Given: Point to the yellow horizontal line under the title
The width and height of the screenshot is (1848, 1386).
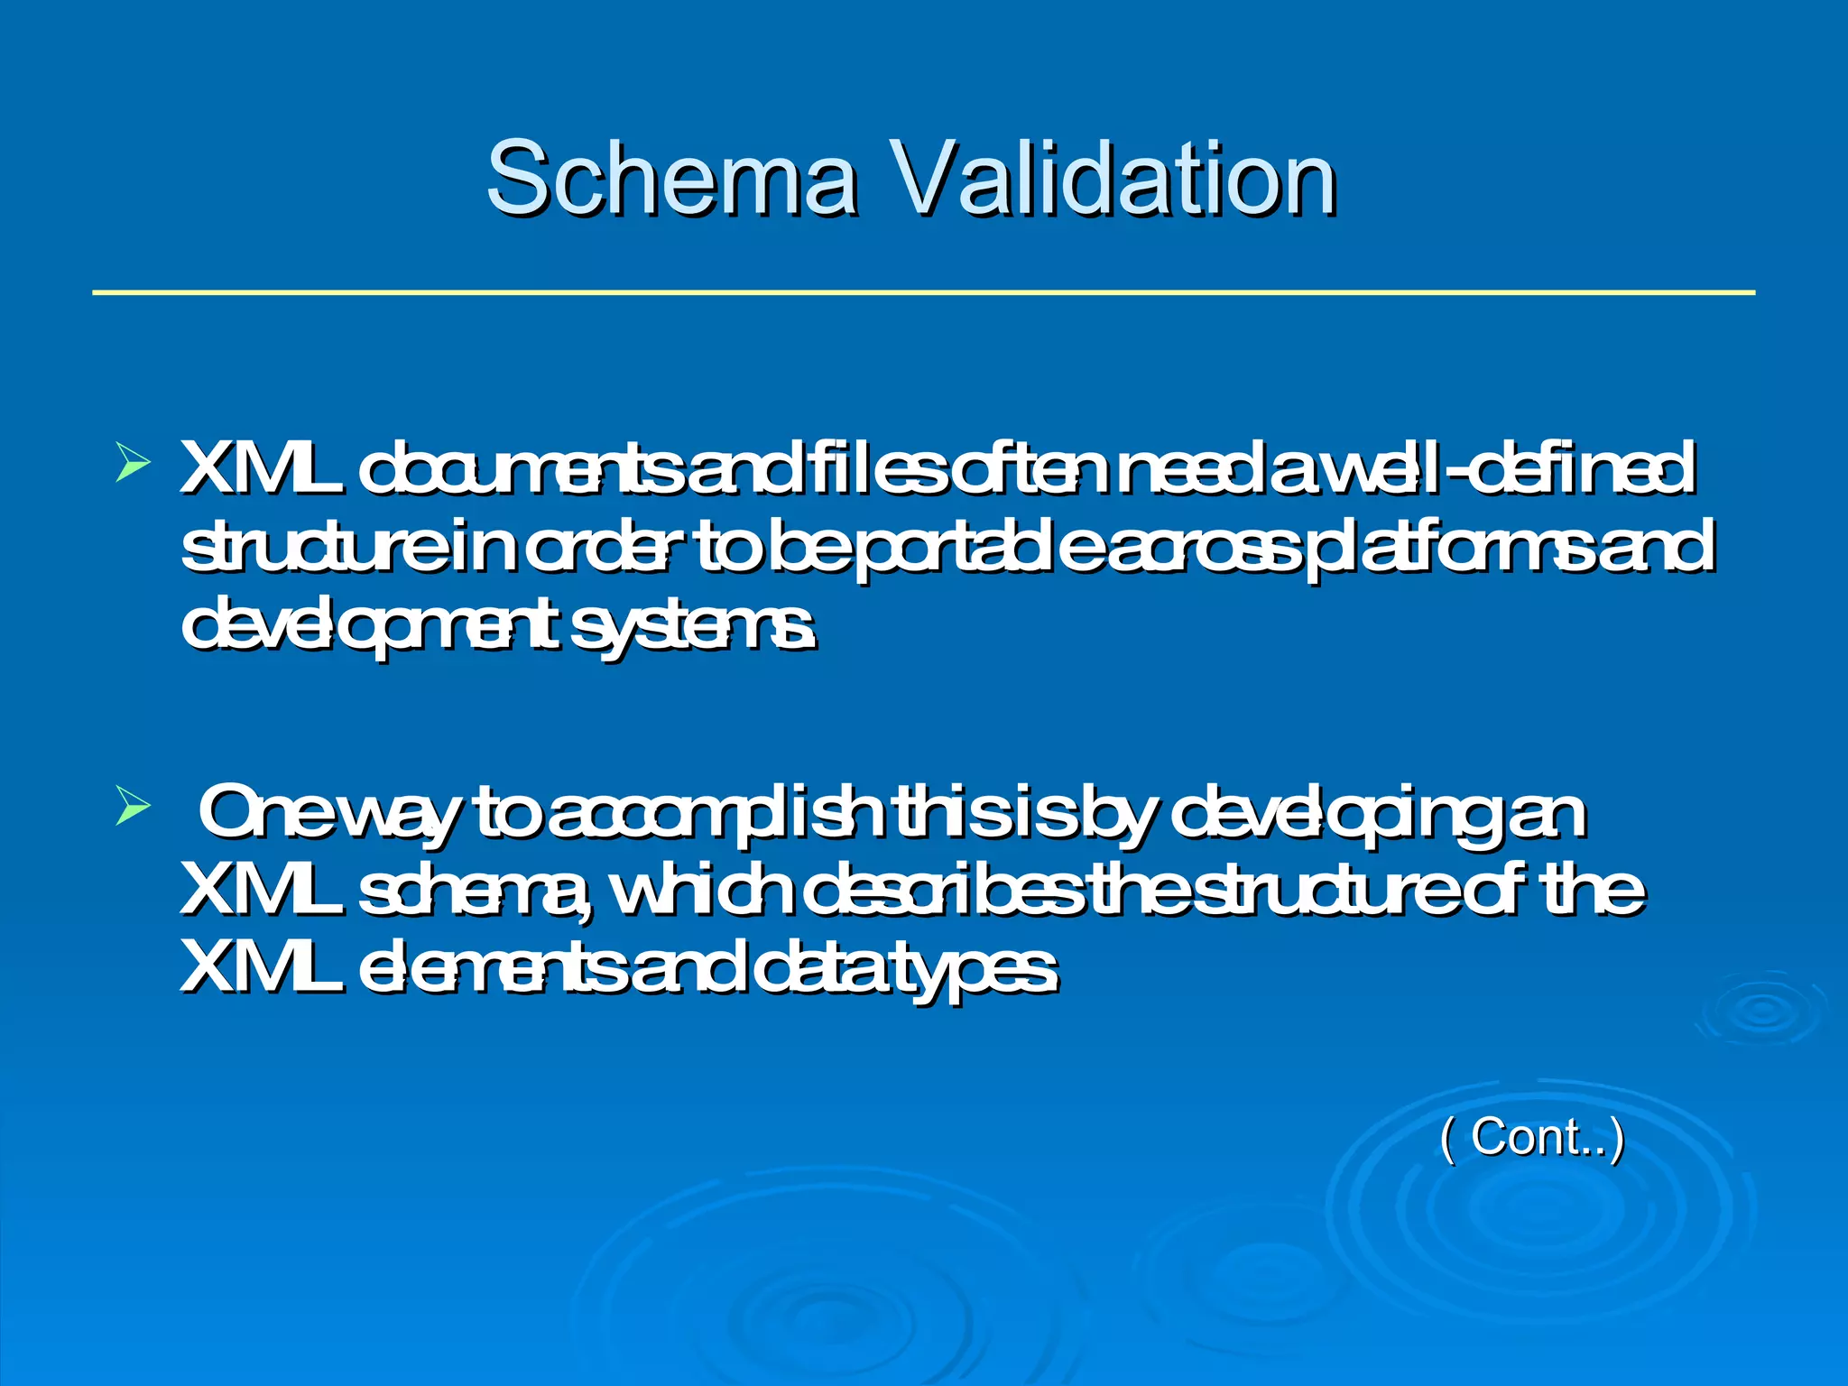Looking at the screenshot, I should coord(923,292).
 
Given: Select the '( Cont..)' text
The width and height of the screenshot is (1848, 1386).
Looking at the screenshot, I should coord(1531,1138).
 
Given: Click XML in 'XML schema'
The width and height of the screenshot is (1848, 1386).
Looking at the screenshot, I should coord(262,890).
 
